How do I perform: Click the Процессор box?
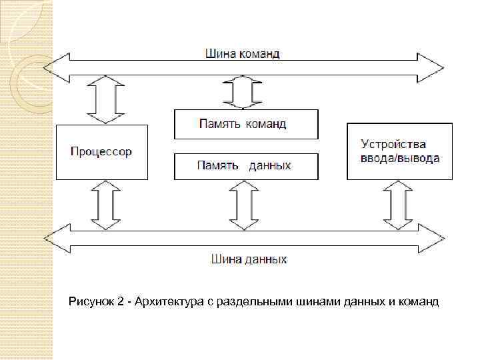coord(101,151)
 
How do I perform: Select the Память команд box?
coord(246,124)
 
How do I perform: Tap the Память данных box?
coord(246,166)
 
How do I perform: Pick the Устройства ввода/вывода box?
coord(399,151)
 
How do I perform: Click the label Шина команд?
coord(242,53)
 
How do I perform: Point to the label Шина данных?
coord(249,259)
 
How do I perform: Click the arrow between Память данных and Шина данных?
coord(243,205)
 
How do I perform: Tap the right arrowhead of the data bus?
coord(434,237)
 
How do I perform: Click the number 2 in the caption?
coord(120,303)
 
